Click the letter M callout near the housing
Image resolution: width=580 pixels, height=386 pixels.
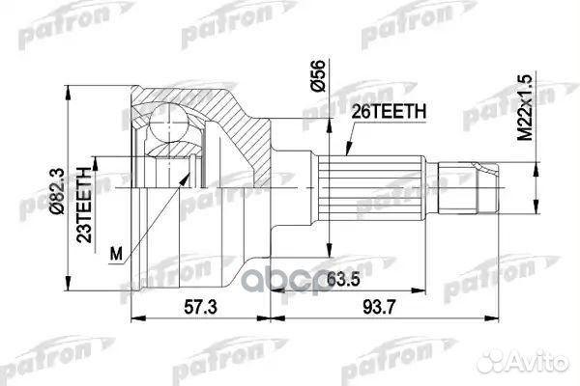[117, 255]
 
